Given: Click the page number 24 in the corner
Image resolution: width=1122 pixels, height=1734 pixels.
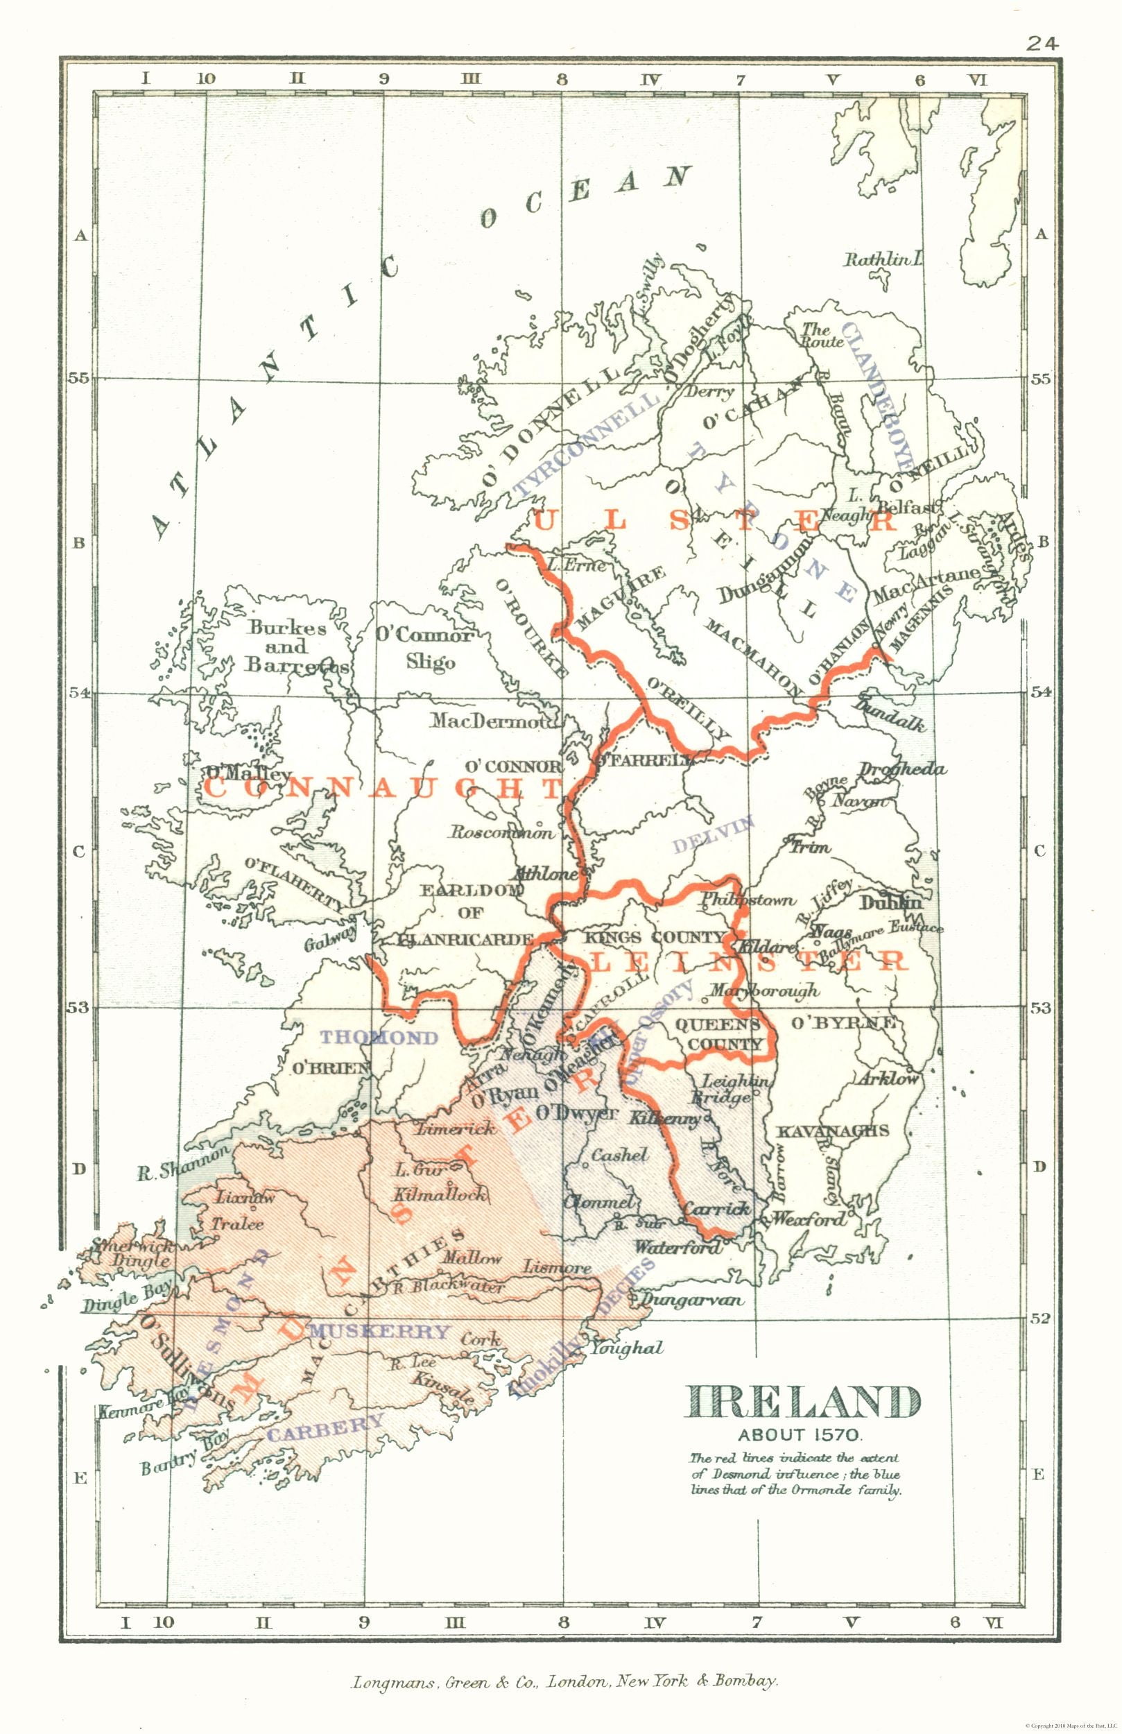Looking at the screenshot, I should point(1041,44).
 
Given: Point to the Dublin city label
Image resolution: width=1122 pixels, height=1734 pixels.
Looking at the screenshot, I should point(890,902).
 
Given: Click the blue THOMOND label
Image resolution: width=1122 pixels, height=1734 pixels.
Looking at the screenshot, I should point(379,1037).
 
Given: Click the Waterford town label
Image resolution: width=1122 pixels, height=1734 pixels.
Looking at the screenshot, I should point(678,1247).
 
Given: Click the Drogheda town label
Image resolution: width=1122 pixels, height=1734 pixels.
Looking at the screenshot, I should point(902,769).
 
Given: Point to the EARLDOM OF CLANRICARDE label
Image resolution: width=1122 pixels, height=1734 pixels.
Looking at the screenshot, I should point(470,913).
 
